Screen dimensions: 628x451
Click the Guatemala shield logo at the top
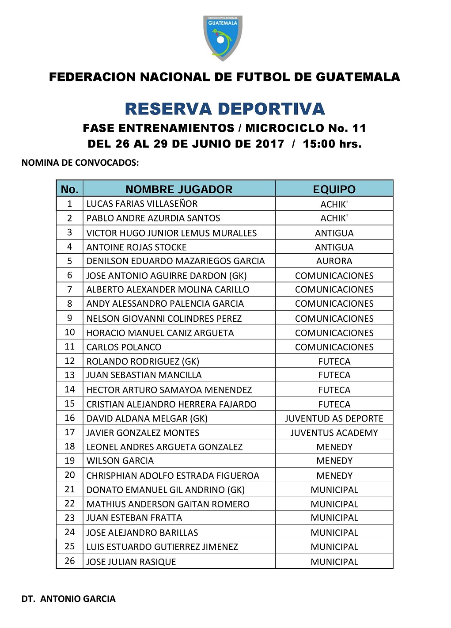(223, 38)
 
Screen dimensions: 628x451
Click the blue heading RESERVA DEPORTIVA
(225, 109)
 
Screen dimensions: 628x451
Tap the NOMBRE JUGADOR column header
(179, 189)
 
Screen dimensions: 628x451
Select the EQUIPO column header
(334, 189)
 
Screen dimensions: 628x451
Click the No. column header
(69, 189)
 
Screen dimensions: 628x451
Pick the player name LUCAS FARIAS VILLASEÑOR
(142, 204)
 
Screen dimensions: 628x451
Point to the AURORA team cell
(334, 261)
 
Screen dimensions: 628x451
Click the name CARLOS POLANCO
(124, 347)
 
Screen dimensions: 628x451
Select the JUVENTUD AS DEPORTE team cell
(334, 418)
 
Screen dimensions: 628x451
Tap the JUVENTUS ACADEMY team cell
(334, 433)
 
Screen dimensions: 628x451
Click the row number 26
(70, 561)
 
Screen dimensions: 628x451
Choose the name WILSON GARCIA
(120, 461)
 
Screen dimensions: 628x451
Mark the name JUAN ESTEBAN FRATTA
(134, 518)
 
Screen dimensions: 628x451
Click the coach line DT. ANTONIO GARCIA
(68, 599)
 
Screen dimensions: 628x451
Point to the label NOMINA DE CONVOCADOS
(80, 163)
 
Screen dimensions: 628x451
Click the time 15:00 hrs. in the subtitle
(332, 144)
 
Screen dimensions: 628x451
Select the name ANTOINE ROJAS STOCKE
(136, 247)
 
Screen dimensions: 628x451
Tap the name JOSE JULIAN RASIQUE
(131, 562)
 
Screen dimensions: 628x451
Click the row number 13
(70, 375)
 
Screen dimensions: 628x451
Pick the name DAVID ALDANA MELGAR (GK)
(147, 418)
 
